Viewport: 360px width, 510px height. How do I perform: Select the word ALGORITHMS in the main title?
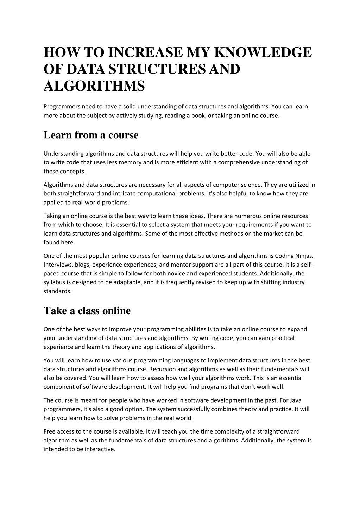94,86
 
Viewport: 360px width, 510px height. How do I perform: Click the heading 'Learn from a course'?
91,135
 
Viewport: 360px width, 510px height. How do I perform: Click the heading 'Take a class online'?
87,311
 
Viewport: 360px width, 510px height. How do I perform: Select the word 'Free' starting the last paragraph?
49,431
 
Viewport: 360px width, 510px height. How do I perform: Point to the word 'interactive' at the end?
100,449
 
